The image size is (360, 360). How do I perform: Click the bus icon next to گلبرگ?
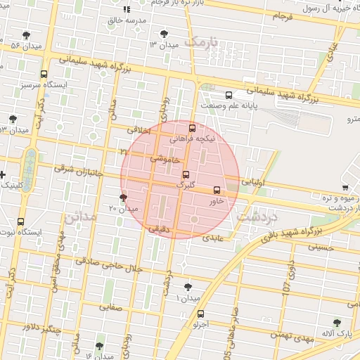(186, 174)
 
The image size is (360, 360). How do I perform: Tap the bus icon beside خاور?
(217, 190)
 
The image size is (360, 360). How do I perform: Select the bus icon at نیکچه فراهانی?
(193, 128)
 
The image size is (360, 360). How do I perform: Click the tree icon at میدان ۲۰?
(124, 198)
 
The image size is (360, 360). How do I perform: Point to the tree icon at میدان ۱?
(187, 287)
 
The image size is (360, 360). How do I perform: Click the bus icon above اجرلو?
(201, 314)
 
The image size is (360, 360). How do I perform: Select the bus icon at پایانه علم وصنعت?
(229, 95)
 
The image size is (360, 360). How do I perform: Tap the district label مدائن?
(79, 217)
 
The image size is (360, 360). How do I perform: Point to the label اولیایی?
(252, 181)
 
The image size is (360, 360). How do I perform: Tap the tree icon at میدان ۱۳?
(164, 33)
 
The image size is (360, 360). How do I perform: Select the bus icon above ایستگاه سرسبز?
(44, 75)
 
